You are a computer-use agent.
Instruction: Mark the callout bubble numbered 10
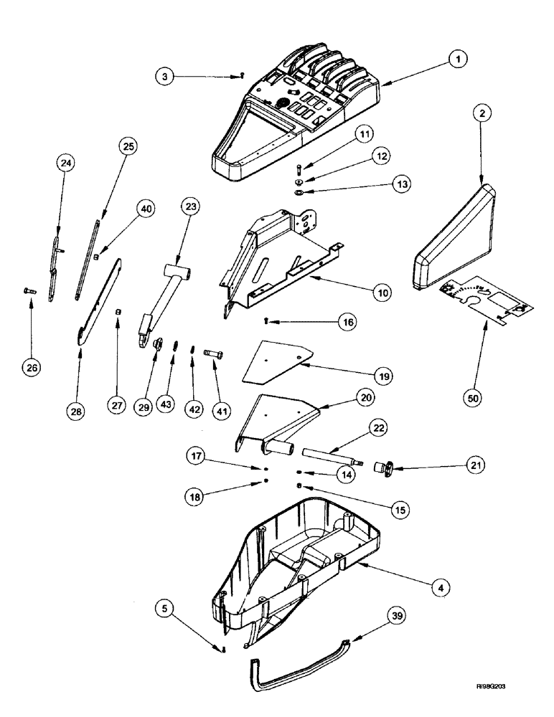[x=383, y=293]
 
